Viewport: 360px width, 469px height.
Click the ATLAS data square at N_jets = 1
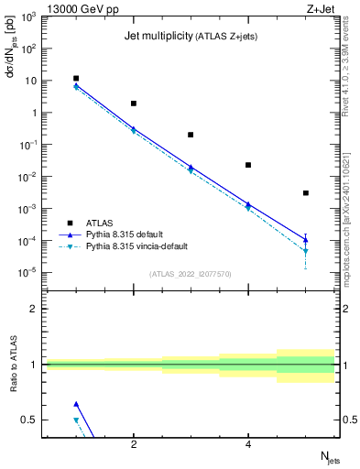(x=76, y=79)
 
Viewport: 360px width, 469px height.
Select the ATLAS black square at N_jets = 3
(x=191, y=135)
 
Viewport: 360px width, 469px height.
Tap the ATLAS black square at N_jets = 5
(x=305, y=193)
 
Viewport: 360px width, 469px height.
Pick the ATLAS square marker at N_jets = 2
(x=134, y=104)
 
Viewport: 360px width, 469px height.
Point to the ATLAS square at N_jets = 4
(x=248, y=165)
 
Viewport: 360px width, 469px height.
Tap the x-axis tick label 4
(x=248, y=445)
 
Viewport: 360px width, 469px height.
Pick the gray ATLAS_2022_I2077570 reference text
(x=191, y=274)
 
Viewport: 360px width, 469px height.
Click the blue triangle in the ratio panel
(x=76, y=404)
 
